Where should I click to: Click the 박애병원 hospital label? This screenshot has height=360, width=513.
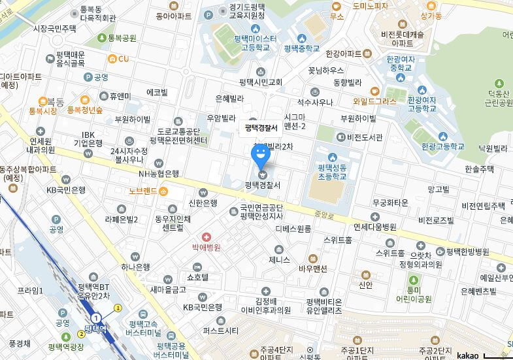coord(207,248)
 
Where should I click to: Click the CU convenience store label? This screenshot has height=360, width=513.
coord(124,59)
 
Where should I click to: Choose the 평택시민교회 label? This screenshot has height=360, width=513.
coord(261,82)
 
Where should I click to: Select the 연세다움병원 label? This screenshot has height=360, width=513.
coord(375,227)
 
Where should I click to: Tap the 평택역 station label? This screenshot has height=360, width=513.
coord(95,329)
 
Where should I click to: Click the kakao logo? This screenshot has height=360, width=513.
coord(467,355)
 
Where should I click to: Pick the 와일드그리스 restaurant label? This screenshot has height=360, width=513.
coord(374,101)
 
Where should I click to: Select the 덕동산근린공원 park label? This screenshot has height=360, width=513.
coord(493,100)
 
